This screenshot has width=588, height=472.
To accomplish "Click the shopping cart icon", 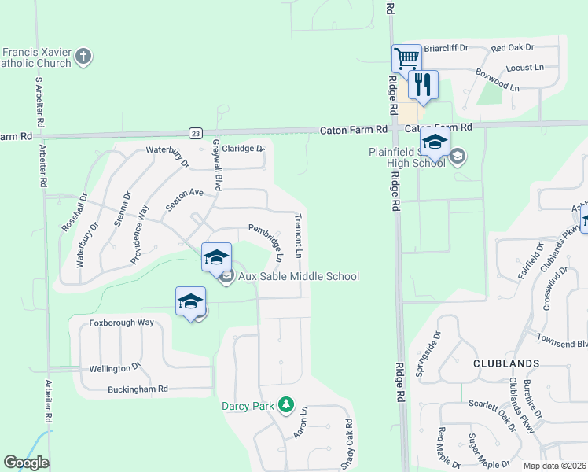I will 406,58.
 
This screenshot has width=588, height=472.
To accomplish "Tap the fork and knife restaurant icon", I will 423,84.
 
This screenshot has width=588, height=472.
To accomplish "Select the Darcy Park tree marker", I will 286,405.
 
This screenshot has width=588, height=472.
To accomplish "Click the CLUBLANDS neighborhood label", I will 506,363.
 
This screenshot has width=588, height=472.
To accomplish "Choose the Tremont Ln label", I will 299,234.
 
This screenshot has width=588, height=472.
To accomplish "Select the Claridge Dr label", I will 243,148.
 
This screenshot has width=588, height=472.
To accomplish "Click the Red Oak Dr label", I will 513,49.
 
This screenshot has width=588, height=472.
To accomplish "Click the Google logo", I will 26,463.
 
